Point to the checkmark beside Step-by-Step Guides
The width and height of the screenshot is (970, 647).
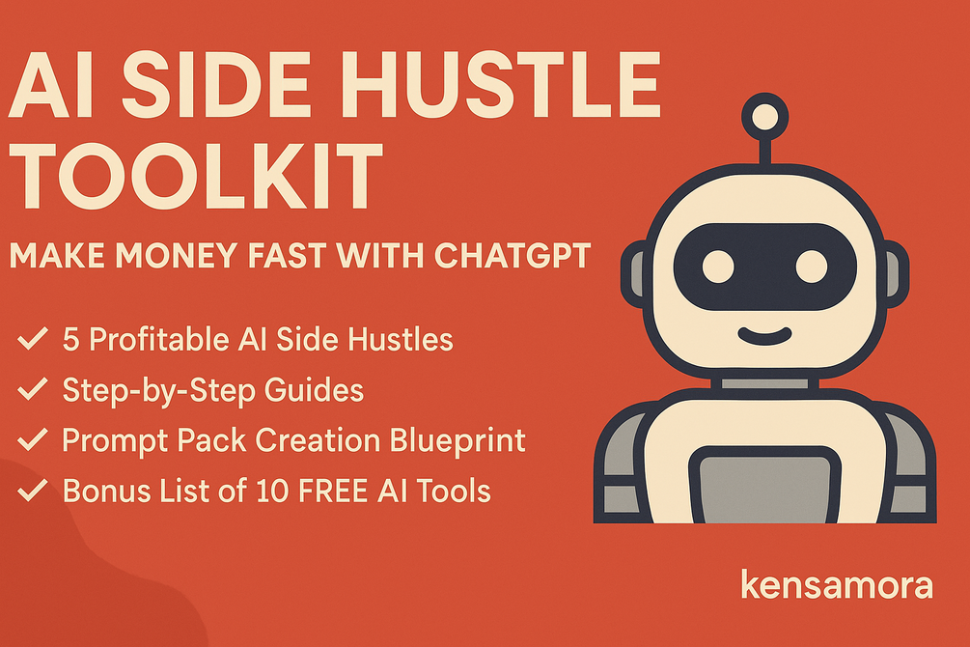click(35, 390)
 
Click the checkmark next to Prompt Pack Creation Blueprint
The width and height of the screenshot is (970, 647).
click(35, 440)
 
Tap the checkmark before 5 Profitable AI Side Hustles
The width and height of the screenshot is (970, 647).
click(35, 339)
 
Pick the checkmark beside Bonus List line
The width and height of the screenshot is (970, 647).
click(35, 491)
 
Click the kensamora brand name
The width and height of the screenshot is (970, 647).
click(836, 585)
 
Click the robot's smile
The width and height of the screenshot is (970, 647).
click(762, 335)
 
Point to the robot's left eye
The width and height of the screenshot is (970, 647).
click(718, 266)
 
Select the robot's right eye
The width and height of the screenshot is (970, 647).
click(809, 266)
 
